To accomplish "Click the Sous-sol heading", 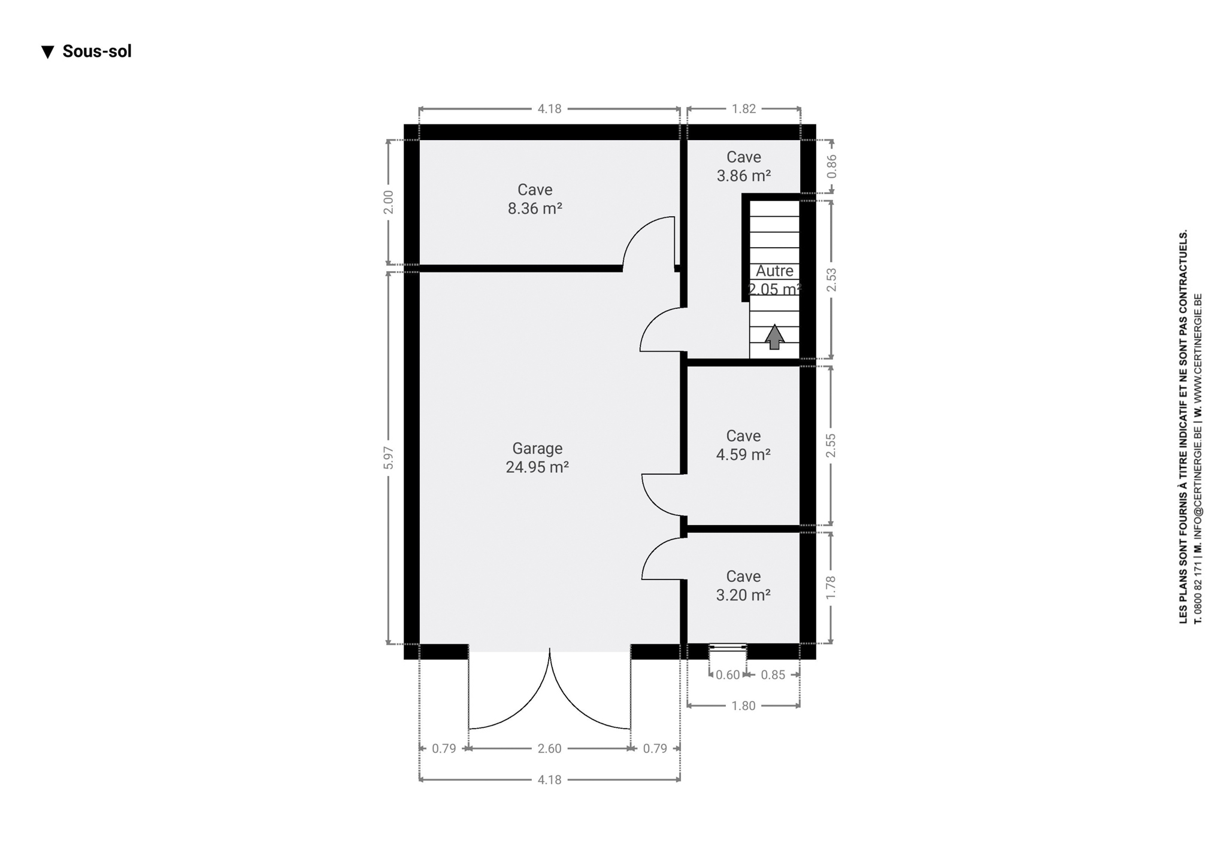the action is [87, 51].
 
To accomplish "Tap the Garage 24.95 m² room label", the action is [537, 458].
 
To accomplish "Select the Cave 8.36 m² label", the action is [535, 199].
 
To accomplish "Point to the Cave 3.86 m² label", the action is [743, 166].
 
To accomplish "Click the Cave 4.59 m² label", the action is [743, 445].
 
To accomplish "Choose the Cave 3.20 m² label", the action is [743, 585].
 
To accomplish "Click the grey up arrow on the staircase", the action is [774, 337].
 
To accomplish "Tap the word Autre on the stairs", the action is [774, 271].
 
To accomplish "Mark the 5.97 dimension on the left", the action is [389, 458].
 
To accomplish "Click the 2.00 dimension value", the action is [389, 202].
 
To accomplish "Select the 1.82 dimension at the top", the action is [743, 109].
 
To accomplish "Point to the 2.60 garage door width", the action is [549, 748].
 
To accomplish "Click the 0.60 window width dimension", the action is [728, 675].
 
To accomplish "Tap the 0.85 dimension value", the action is [773, 675].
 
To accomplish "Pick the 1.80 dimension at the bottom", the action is [743, 706].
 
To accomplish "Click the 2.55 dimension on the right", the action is [831, 445].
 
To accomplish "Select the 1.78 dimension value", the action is [831, 588].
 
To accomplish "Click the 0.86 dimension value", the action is [831, 166].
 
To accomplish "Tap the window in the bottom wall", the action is [728, 647].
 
